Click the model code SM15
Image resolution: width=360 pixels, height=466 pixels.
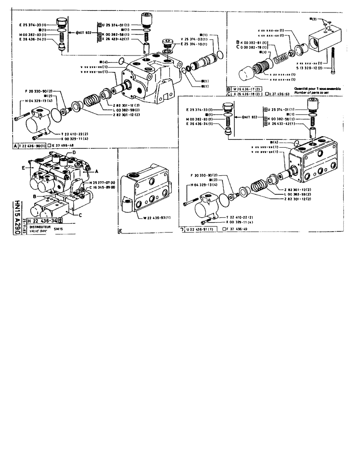(x=58, y=229)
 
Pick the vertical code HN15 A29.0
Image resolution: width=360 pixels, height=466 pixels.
(x=17, y=216)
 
